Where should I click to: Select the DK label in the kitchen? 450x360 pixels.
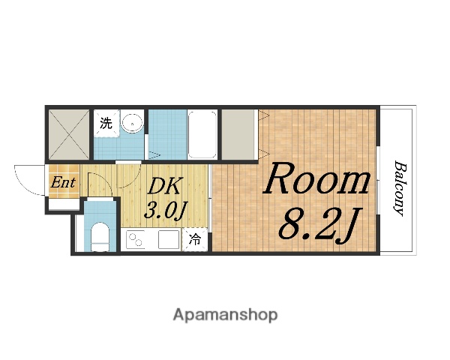165,186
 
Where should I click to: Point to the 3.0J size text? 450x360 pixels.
166,211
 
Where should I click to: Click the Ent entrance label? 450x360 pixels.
63,182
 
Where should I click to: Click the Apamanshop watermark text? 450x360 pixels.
225,316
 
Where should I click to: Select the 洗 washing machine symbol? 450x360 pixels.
106,123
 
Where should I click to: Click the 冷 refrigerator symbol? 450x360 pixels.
195,239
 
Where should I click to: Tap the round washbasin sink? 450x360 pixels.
132,123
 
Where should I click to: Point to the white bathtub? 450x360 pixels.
202,134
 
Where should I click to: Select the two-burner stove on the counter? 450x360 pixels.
135,240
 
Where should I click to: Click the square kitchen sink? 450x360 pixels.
169,239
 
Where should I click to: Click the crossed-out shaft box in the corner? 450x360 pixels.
69,134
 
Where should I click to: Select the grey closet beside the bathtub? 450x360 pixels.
238,134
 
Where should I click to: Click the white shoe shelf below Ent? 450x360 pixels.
64,205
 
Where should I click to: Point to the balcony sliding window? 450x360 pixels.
378,180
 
